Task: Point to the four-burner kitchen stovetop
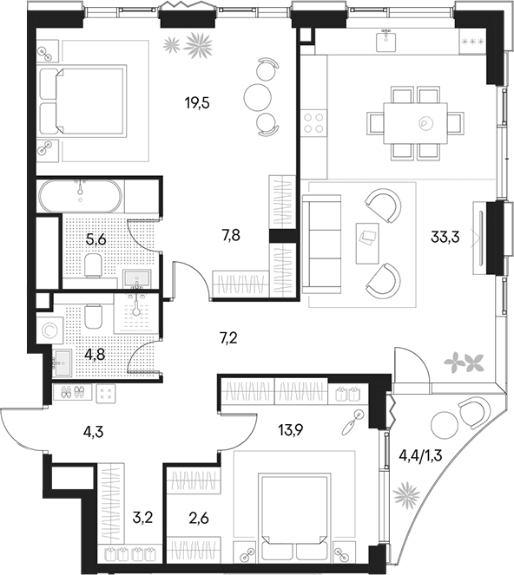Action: coord(313,122)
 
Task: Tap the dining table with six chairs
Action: coord(414,122)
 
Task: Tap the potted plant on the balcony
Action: coord(405,496)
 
